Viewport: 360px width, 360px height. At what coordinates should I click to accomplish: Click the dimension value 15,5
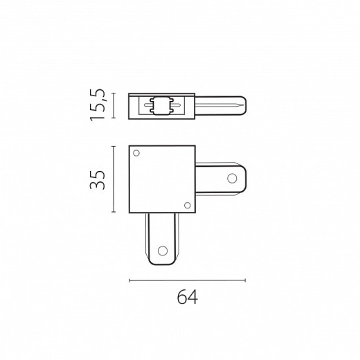(97, 105)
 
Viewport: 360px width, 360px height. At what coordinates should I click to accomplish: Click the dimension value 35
(97, 180)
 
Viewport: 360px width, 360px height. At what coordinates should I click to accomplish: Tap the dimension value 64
(188, 297)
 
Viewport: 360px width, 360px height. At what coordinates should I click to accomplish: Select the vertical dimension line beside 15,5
(114, 105)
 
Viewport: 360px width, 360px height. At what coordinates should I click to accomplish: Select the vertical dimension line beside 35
(114, 179)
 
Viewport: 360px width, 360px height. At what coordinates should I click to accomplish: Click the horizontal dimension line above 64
(188, 280)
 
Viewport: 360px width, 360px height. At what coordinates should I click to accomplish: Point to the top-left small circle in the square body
(136, 153)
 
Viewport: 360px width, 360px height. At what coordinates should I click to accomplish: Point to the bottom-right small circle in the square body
(188, 205)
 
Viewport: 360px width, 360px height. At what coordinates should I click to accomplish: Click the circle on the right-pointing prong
(232, 178)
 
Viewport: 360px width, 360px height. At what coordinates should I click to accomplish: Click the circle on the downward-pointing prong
(163, 251)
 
